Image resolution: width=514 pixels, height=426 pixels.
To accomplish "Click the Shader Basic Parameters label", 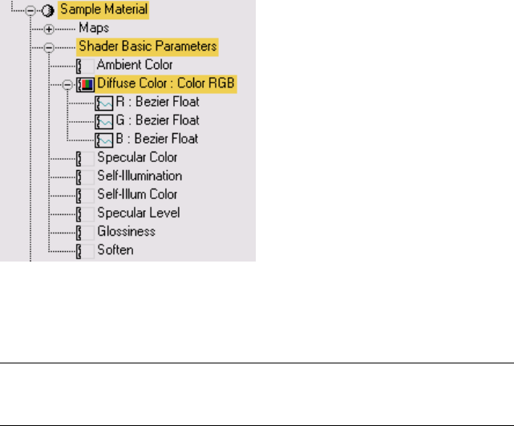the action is coord(147,47).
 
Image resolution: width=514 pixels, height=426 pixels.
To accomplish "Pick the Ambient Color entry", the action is coord(134,65).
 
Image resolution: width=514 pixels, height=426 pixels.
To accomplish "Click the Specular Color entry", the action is coord(136,157).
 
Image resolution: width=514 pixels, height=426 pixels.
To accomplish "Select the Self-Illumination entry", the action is coord(139,176).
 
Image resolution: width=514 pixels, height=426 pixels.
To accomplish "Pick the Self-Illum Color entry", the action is coord(137,194).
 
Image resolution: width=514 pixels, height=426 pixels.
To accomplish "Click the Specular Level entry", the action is coord(138,213).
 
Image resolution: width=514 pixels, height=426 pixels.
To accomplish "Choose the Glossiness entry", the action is coord(126,231).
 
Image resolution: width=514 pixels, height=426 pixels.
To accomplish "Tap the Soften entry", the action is coord(115,250).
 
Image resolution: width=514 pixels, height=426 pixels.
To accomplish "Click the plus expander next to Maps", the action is coord(49,29).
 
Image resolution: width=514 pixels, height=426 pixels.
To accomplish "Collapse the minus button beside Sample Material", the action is coord(31,10).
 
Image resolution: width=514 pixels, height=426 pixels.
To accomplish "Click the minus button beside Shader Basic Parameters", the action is coord(49,47).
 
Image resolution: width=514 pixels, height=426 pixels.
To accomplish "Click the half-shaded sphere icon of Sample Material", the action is coord(46,10).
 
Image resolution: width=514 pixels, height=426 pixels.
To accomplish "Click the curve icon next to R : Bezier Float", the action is coord(103,102).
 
